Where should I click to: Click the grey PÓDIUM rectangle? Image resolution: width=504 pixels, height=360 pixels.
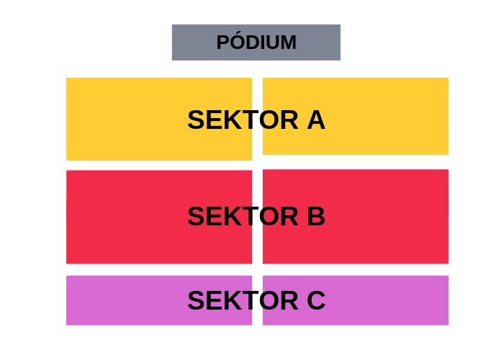[x=256, y=42]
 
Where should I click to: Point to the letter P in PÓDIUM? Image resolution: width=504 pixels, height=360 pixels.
[x=222, y=42]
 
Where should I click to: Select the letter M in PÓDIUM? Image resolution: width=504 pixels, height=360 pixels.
[x=289, y=42]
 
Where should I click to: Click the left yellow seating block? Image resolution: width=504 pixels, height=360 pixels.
[x=159, y=119]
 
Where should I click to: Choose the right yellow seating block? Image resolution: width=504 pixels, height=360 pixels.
[x=356, y=116]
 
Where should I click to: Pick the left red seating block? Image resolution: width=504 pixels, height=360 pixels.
[x=159, y=217]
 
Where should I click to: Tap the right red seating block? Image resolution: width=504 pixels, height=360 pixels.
[x=356, y=217]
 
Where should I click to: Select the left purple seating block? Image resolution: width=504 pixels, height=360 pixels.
[x=159, y=300]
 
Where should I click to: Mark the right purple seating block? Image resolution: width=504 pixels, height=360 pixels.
[x=356, y=300]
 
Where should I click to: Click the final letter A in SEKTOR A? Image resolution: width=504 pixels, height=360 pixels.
[x=316, y=120]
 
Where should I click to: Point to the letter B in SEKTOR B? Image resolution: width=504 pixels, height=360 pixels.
[x=316, y=216]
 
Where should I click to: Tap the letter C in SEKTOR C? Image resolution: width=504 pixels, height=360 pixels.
[x=316, y=300]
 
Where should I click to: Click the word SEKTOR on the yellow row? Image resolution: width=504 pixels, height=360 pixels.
[x=243, y=120]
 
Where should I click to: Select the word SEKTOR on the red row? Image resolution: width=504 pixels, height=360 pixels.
[x=243, y=216]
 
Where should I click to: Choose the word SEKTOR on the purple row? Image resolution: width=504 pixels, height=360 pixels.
[x=243, y=300]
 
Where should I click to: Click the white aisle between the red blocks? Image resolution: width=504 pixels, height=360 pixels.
[x=258, y=217]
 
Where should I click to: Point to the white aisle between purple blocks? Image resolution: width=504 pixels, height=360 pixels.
[x=258, y=300]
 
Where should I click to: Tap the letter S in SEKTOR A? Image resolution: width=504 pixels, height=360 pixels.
[x=196, y=120]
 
